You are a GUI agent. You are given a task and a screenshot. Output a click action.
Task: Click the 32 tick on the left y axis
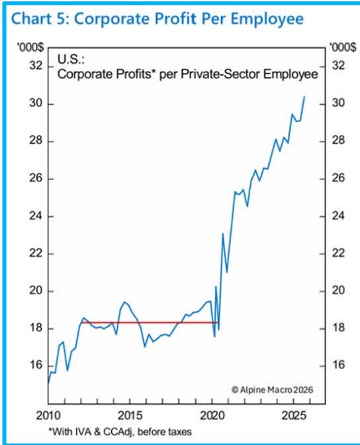click(x=35, y=66)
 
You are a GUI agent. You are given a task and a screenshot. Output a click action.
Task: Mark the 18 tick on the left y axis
click(x=35, y=328)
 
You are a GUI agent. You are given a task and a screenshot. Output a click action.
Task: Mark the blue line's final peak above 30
click(x=304, y=97)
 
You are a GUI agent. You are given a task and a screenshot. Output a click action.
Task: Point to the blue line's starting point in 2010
click(x=48, y=383)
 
